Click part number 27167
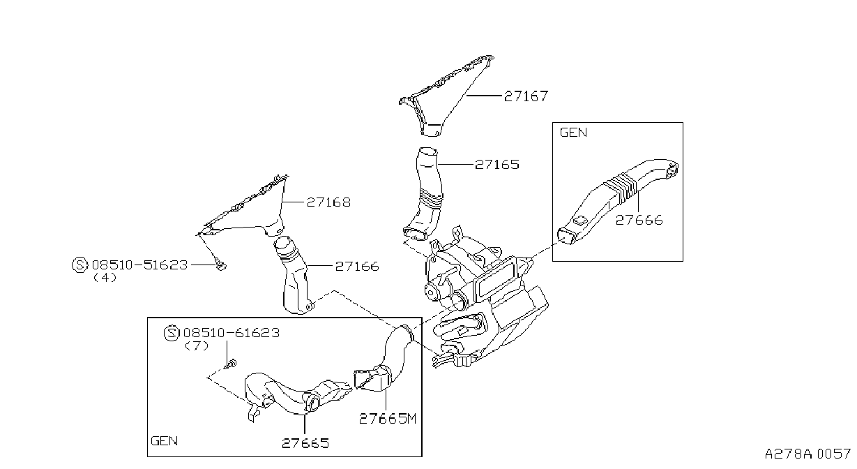pos(526,96)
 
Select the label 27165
pos(497,165)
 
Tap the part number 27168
pos(328,202)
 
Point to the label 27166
pos(357,266)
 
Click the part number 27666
pos(639,220)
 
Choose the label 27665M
pos(387,419)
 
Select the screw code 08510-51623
pos(140,265)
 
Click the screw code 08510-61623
pos(232,333)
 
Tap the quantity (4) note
pos(105,278)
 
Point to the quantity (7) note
pos(197,345)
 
